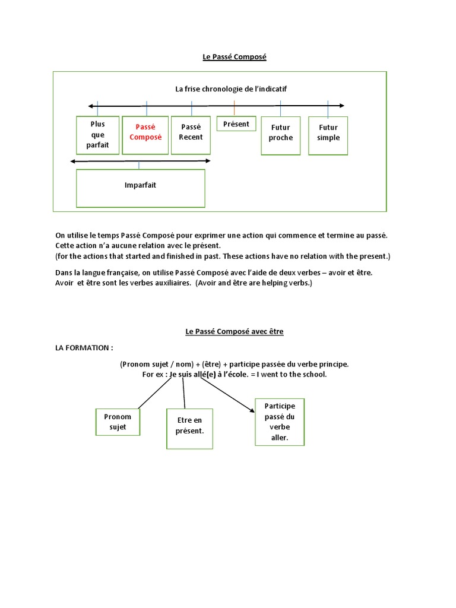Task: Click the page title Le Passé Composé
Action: point(235,57)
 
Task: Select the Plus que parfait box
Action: point(97,135)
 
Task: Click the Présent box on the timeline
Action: point(236,123)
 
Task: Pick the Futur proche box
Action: point(281,136)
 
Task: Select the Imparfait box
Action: point(140,188)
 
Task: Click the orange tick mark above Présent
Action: point(234,108)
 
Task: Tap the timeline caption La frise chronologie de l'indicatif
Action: point(231,89)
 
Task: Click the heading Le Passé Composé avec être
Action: point(235,332)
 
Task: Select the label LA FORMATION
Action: point(84,347)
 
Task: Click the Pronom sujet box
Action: point(118,422)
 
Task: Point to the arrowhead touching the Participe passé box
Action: point(250,408)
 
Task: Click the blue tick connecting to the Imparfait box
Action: point(140,165)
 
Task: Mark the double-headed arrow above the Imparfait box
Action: point(140,161)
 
